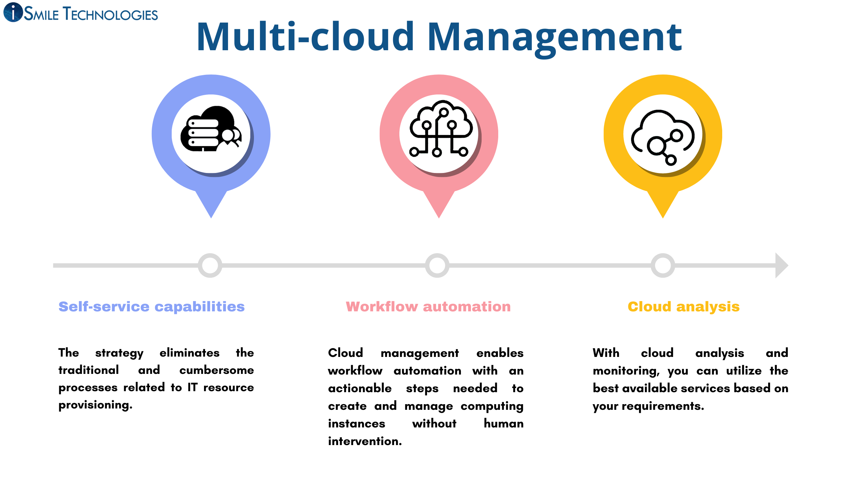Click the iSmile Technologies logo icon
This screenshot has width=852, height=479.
point(13,12)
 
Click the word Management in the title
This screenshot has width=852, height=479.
point(555,37)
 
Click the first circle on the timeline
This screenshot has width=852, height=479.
point(210,265)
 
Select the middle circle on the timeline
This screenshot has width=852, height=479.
point(437,265)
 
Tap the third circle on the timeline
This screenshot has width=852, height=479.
point(663,265)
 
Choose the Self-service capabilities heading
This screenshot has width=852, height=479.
point(151,306)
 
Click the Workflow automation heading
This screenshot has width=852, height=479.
point(428,306)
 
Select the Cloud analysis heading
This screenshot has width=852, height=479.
point(684,306)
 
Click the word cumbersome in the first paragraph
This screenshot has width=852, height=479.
point(216,370)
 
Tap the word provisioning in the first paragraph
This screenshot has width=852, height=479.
point(95,405)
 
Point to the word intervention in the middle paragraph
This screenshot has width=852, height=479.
point(365,441)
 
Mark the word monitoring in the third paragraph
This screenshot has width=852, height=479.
point(626,371)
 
